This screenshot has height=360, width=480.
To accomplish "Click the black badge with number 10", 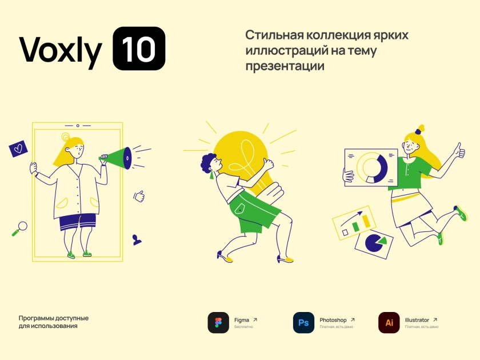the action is [x=139, y=49].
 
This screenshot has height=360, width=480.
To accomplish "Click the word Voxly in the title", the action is [x=61, y=50].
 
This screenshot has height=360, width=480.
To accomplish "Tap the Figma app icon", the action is [x=218, y=323].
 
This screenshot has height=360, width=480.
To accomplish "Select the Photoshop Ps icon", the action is [x=303, y=323].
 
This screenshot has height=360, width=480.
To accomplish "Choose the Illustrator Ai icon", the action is [x=389, y=323].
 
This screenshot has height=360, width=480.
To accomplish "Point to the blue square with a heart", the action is [x=18, y=149].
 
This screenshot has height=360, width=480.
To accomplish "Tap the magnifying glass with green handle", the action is [x=19, y=229].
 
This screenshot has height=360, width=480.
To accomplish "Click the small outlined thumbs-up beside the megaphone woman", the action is [x=139, y=196].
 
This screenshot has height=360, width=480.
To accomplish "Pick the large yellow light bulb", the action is [x=245, y=162].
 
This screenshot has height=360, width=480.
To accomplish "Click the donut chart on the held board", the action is [x=372, y=168].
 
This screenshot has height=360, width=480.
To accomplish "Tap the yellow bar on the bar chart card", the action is [x=366, y=221].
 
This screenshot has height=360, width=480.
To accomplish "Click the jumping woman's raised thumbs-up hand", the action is [x=459, y=151].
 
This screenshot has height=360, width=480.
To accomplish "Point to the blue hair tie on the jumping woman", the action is [x=418, y=132].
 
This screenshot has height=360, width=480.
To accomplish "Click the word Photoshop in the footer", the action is [x=333, y=320].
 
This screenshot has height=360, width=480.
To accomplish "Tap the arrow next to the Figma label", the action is [x=255, y=319].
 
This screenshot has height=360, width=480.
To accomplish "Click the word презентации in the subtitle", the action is [x=285, y=66].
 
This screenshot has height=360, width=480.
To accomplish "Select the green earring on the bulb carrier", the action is [x=212, y=175].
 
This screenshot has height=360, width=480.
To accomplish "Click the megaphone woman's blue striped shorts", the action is [x=78, y=222].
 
